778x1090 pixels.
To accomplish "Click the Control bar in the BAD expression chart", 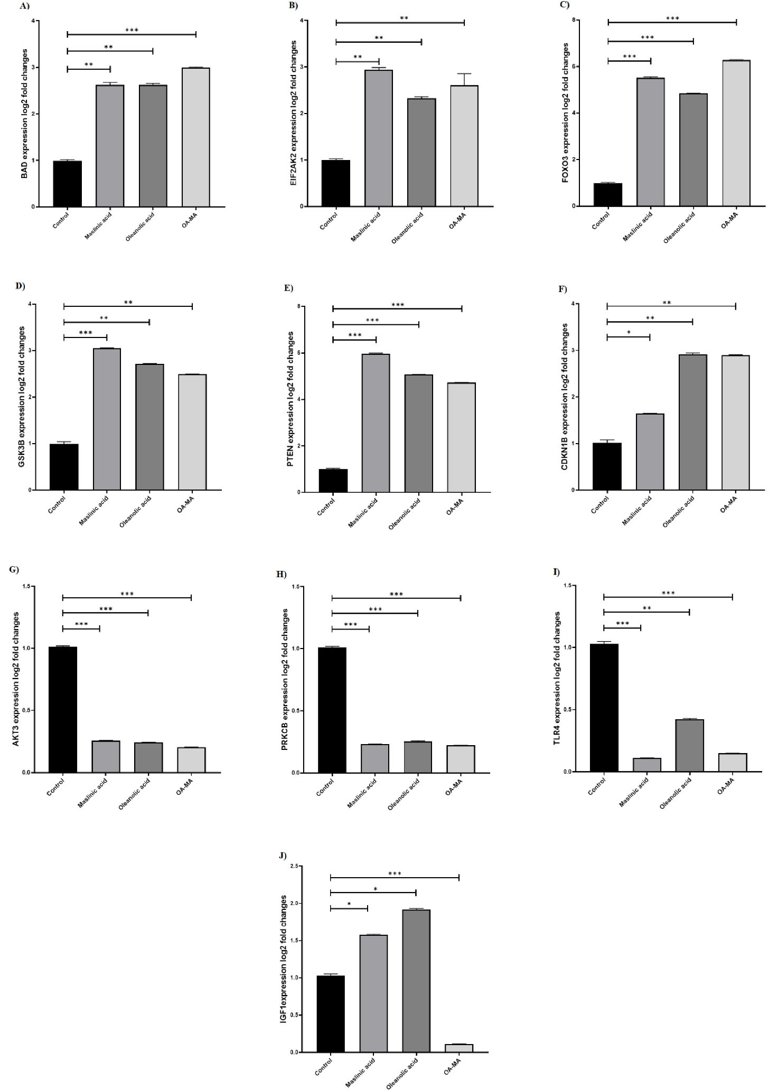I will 68,184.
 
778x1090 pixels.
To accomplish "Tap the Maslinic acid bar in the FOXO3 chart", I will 651,142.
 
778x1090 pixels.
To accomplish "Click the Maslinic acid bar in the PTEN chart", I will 376,423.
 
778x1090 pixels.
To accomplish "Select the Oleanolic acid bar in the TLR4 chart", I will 689,745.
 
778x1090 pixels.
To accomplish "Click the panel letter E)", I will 289,289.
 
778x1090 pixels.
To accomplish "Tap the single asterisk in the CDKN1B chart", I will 629,332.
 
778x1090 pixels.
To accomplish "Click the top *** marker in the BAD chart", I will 132,30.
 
